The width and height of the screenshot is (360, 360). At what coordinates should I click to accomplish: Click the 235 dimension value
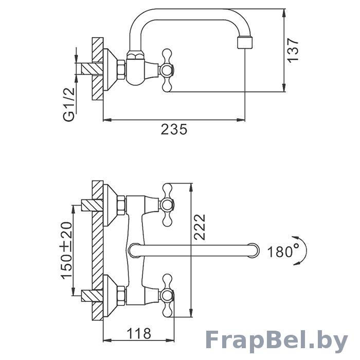tap(174, 129)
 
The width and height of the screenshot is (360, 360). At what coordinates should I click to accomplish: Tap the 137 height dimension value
tap(293, 50)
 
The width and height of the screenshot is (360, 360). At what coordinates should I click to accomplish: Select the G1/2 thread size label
tap(69, 104)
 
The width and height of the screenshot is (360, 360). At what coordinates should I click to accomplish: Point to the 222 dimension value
tap(200, 227)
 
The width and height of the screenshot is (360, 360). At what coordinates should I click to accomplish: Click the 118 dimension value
tap(139, 333)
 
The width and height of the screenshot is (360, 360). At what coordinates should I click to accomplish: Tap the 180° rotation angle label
tap(283, 251)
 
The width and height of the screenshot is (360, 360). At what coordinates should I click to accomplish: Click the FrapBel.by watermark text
tap(276, 342)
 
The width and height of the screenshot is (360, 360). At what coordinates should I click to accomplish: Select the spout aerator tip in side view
tap(245, 43)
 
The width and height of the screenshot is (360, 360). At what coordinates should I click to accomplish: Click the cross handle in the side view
tap(167, 70)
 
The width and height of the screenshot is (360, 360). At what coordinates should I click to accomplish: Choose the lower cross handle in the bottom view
tap(167, 296)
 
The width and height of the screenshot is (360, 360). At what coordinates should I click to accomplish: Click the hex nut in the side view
tap(121, 70)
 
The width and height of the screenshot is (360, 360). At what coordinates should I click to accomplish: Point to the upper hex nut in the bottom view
tap(121, 205)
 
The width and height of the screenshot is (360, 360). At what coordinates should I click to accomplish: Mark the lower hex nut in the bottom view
tap(121, 296)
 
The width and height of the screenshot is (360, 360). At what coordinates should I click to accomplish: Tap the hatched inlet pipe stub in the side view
tap(92, 68)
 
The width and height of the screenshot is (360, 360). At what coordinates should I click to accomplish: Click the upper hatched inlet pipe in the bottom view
tap(92, 206)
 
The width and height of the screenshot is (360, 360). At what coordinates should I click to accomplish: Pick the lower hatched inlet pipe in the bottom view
tap(92, 296)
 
